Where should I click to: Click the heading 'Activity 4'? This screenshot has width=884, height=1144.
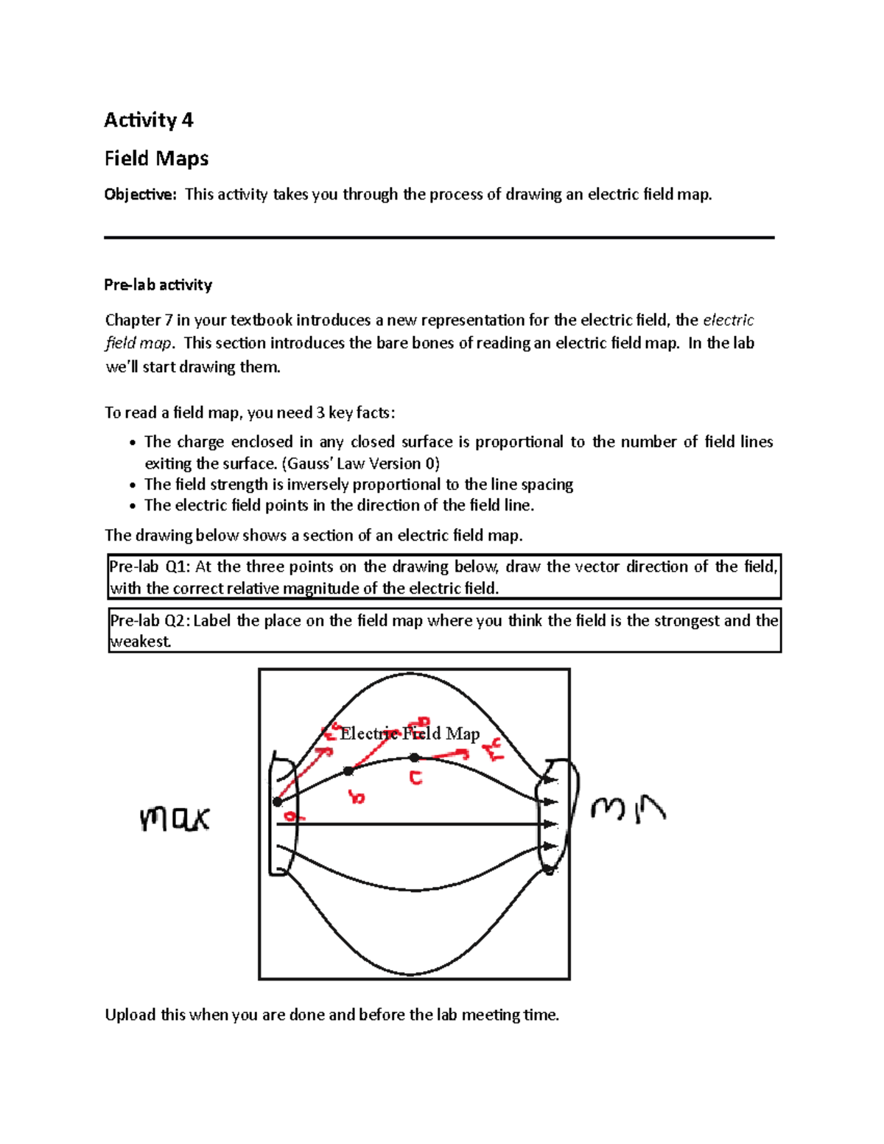[x=148, y=120]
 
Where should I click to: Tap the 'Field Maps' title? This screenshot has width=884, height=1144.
[x=156, y=158]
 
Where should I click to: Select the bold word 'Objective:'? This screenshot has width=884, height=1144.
[x=140, y=194]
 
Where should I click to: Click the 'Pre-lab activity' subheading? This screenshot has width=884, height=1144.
[x=158, y=285]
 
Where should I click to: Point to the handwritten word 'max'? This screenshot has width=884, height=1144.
[x=175, y=818]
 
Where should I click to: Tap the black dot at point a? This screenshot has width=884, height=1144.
[x=278, y=801]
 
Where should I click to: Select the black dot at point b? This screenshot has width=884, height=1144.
[x=348, y=771]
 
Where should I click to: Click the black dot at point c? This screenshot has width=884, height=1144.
[x=415, y=757]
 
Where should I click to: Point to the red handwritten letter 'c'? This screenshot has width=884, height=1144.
[x=416, y=778]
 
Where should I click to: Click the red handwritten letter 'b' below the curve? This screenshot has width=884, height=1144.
[x=357, y=796]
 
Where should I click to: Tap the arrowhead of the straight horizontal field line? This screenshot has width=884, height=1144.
[x=552, y=824]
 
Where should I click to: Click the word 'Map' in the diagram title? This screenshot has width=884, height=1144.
[x=463, y=733]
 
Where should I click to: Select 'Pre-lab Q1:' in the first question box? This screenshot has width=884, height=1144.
[x=150, y=566]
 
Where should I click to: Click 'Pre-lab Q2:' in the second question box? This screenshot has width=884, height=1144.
[x=150, y=620]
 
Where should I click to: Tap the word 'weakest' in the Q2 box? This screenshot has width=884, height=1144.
[x=140, y=642]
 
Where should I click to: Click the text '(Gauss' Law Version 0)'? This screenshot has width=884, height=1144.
[x=361, y=463]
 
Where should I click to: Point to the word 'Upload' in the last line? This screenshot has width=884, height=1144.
[x=130, y=1015]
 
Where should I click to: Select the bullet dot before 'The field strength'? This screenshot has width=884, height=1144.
[x=132, y=485]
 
